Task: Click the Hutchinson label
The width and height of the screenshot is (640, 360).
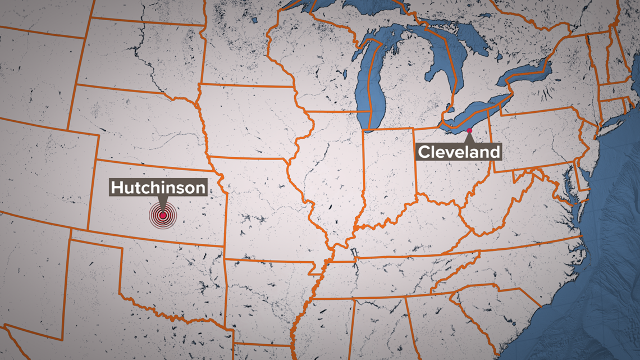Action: [x=158, y=188]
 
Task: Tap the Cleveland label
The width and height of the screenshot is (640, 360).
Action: [x=458, y=152]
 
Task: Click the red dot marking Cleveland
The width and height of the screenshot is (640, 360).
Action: [x=469, y=131]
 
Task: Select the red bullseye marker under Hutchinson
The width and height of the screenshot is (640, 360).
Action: [x=162, y=215]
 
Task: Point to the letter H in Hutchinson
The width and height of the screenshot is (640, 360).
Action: [x=118, y=188]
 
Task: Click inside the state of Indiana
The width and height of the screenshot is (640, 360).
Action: [x=387, y=174]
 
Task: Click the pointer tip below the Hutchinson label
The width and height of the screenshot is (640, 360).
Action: [x=162, y=209]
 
